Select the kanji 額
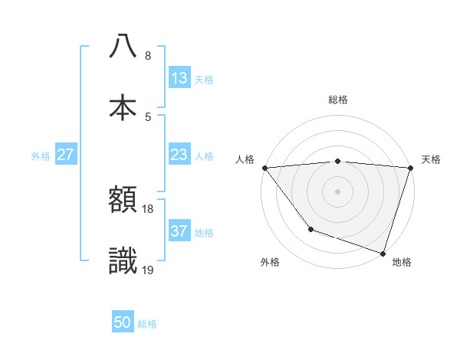click(x=123, y=201)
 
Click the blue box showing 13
click(x=179, y=78)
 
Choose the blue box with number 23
click(x=179, y=155)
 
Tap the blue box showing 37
click(x=179, y=231)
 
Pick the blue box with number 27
click(x=66, y=155)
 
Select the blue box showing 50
click(x=123, y=322)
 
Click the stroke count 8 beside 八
click(x=148, y=55)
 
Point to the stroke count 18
click(x=148, y=208)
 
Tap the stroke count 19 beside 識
click(x=148, y=270)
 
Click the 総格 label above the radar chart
click(x=337, y=100)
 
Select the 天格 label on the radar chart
click(x=432, y=159)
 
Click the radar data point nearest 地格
click(x=383, y=253)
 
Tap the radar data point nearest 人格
click(x=264, y=168)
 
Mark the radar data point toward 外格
click(x=310, y=229)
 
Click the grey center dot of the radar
click(x=337, y=191)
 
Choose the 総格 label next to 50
click(x=147, y=324)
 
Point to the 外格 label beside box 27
click(x=41, y=156)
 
